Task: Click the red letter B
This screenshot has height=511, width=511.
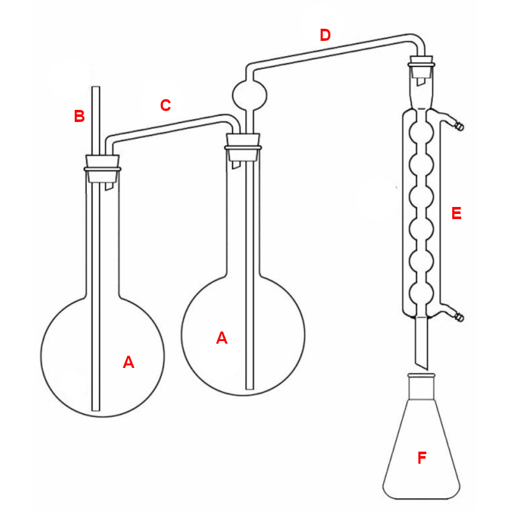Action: coord(79,116)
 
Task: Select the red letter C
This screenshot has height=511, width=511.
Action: coord(165,105)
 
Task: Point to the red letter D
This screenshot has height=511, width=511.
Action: coord(325,35)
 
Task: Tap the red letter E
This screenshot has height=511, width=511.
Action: coord(456,213)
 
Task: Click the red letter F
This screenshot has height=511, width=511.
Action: coord(422,457)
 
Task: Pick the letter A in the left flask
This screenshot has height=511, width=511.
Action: coord(128,362)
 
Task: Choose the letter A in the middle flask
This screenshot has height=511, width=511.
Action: coord(222,338)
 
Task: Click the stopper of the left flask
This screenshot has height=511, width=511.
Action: coord(102,169)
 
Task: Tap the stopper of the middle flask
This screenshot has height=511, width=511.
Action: coord(243,148)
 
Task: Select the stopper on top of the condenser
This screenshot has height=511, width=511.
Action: coord(422,66)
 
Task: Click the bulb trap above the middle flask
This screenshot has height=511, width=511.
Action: coord(250,95)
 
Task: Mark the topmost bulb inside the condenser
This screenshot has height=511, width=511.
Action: coord(422,133)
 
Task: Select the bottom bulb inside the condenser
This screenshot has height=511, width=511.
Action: coord(422,294)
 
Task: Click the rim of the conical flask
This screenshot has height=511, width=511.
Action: coord(422,376)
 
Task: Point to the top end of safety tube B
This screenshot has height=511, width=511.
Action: coord(96,87)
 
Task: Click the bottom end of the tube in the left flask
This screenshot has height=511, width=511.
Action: coord(96,410)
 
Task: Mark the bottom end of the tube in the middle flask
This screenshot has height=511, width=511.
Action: coord(250,388)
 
